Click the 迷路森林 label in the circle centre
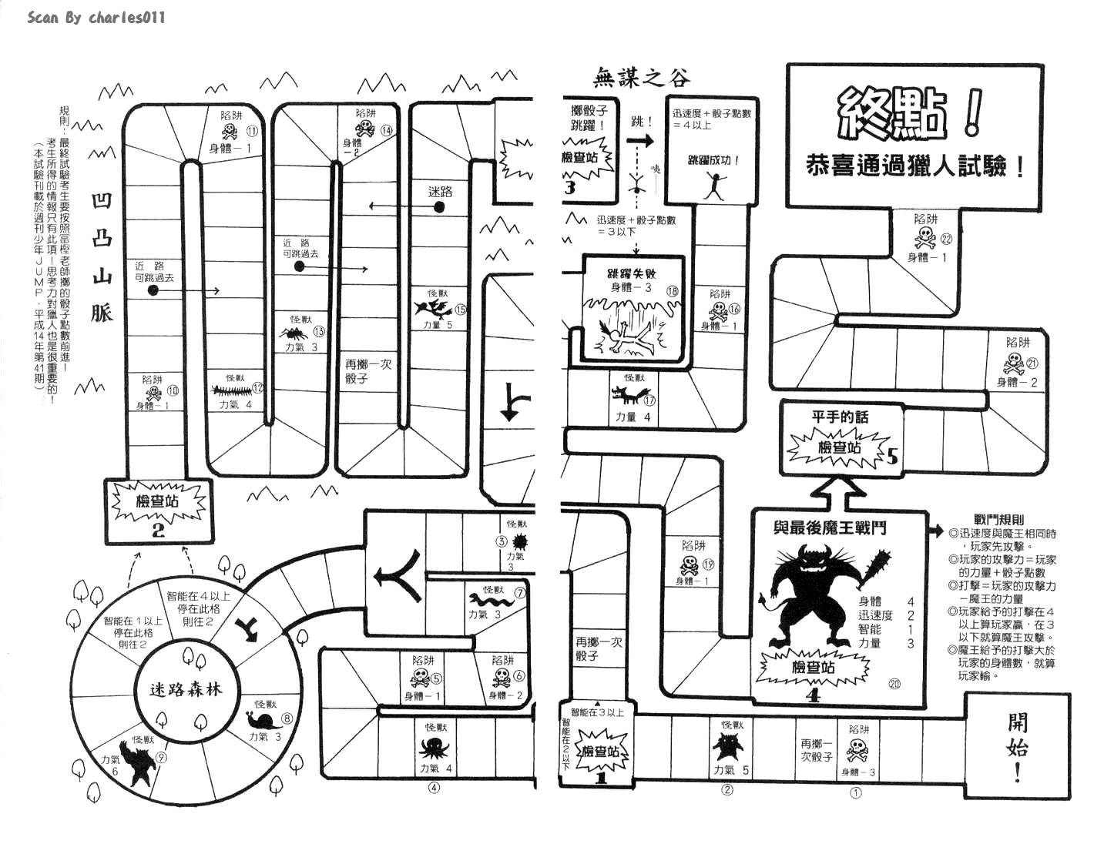click(x=185, y=688)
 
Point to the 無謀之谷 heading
click(x=642, y=77)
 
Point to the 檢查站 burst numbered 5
click(x=837, y=447)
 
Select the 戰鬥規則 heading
click(x=998, y=521)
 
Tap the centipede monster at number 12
click(x=229, y=390)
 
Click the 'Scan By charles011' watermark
click(x=96, y=17)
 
